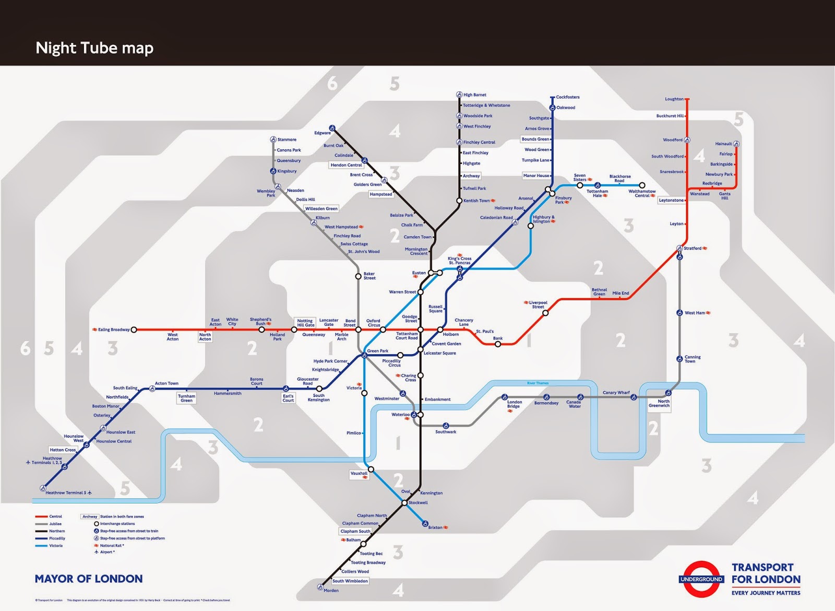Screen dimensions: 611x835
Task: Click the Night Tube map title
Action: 94,48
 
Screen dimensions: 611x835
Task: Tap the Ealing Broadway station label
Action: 114,330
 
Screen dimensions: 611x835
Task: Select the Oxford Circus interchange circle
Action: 383,330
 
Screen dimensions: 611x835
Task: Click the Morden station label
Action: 331,591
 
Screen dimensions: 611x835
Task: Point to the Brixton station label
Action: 435,527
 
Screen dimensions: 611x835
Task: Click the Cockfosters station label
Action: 568,97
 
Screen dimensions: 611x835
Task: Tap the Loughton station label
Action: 674,99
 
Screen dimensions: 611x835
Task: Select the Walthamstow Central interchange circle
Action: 642,185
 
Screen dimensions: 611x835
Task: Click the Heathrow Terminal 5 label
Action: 66,493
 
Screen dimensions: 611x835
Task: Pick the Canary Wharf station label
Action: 616,393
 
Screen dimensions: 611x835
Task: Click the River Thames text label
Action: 538,383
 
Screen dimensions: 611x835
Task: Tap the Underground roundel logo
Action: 701,579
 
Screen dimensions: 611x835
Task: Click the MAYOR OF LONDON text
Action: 89,579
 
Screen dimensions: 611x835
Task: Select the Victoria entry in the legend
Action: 56,546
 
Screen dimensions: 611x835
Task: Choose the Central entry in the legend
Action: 55,516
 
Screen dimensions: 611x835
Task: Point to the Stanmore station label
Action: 287,139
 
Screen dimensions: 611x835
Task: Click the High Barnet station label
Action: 474,95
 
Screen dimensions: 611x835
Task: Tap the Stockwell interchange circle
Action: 404,503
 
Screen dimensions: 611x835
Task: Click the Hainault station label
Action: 723,144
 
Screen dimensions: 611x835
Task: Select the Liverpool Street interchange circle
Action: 545,313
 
